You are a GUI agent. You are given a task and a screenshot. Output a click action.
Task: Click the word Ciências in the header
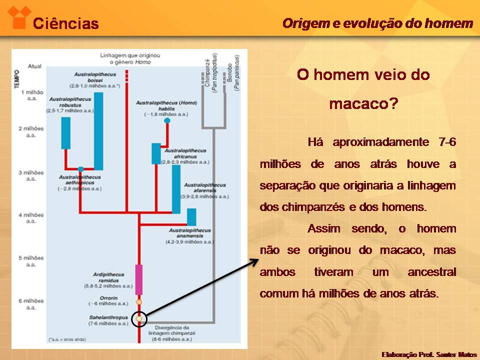[x=65, y=23]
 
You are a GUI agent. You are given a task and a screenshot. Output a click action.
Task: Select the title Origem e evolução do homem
[x=377, y=23]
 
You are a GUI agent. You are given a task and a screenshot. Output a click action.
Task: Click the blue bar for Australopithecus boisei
[x=98, y=131]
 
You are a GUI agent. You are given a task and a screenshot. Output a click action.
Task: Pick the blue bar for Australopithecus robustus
[x=66, y=132]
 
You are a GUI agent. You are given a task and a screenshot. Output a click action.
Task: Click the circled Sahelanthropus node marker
[x=139, y=318]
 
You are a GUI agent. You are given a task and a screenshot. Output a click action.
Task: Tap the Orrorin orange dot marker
[x=139, y=301]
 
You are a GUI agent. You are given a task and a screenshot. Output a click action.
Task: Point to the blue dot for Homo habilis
[x=167, y=120]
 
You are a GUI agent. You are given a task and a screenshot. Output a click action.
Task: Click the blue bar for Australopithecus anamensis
[x=191, y=216]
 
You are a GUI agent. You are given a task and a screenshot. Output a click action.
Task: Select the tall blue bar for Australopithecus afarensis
[x=176, y=189]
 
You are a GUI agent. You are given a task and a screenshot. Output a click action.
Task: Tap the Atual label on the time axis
[x=34, y=66]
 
